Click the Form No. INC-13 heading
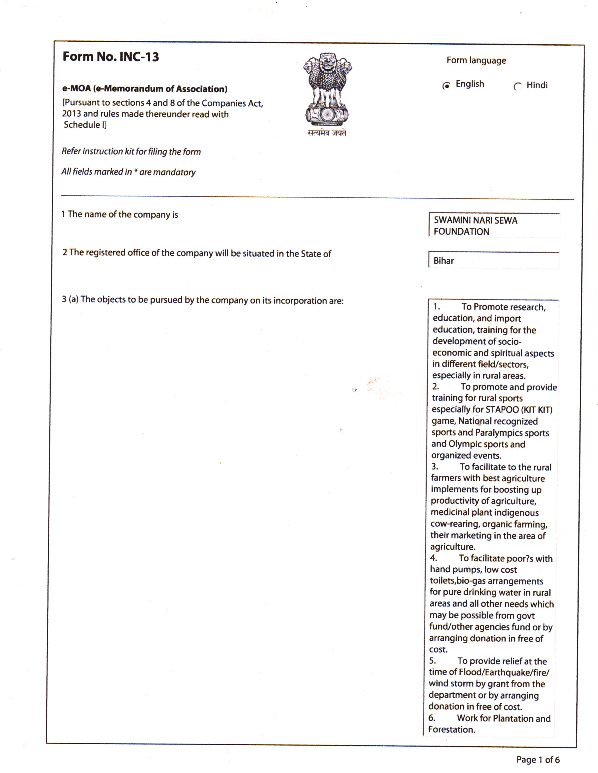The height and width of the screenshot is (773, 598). (x=110, y=57)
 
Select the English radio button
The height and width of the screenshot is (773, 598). (x=447, y=86)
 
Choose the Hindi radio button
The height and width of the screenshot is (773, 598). (x=517, y=87)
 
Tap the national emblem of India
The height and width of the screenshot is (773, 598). (x=327, y=90)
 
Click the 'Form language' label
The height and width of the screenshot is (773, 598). (x=476, y=60)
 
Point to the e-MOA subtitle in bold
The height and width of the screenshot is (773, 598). (x=145, y=89)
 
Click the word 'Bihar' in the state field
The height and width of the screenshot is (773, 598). (x=444, y=261)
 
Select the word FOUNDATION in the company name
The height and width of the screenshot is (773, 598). (x=461, y=232)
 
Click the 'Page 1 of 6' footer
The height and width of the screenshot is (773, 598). (x=537, y=760)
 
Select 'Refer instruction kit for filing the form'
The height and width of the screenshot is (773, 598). (x=131, y=151)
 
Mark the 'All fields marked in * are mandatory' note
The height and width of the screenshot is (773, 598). (x=128, y=172)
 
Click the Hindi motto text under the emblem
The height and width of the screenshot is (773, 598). (x=327, y=134)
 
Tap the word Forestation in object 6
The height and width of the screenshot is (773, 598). (x=451, y=729)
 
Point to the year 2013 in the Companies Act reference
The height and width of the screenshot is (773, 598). (x=71, y=113)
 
